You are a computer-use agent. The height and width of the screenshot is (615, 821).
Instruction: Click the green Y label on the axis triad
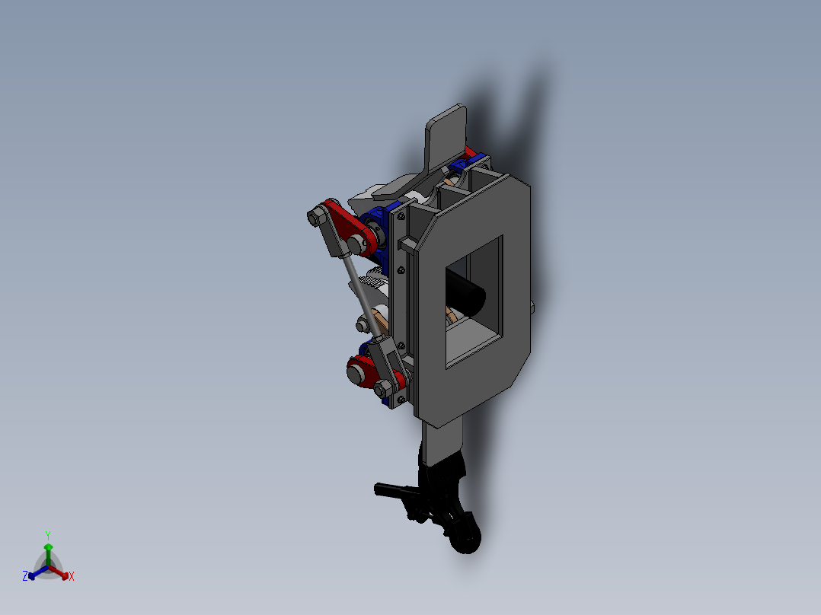[x=47, y=534]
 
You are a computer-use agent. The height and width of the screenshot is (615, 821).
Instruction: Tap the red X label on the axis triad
[x=72, y=577]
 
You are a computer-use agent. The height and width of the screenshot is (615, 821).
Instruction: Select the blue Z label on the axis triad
[x=24, y=577]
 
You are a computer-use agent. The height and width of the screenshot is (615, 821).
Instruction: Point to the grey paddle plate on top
[x=446, y=137]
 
